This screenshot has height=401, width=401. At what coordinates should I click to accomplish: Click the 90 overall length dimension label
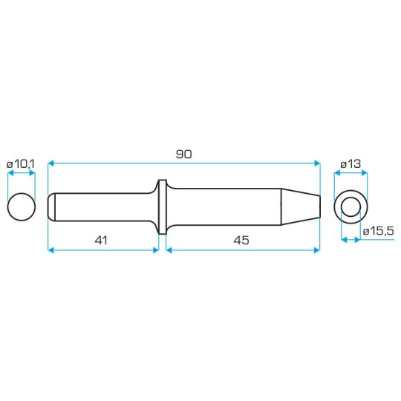tap(183, 154)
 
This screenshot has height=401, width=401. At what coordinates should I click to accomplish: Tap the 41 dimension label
tap(101, 241)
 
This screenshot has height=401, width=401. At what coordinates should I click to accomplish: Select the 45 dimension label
tap(241, 241)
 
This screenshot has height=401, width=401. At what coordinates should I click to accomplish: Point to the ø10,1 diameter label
tap(21, 164)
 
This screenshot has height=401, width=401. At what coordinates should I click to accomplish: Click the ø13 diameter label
tap(351, 164)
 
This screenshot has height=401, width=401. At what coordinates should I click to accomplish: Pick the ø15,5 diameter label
tap(379, 231)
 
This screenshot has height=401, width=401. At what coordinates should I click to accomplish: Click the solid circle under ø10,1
tap(22, 206)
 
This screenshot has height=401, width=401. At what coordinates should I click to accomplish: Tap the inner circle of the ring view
tap(351, 207)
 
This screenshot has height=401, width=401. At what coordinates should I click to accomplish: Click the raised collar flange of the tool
tap(163, 206)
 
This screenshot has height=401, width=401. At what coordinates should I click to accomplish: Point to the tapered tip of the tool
tap(301, 206)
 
